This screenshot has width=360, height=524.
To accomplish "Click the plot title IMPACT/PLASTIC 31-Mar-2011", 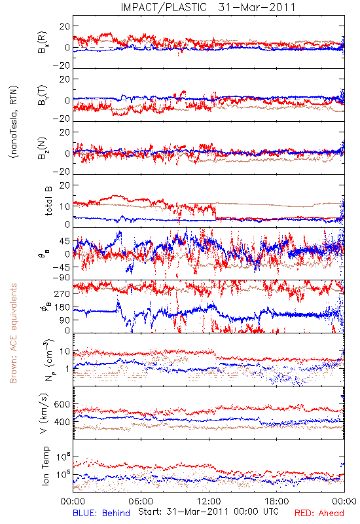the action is (x=208, y=7).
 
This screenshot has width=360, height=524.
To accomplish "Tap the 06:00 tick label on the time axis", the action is (x=141, y=501).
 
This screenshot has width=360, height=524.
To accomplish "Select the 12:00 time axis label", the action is (x=209, y=501).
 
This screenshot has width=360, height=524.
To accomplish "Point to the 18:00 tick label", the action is (x=277, y=501).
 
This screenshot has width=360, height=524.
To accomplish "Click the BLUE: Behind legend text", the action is (x=101, y=514).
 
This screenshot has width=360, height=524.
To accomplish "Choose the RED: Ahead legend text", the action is (x=319, y=514).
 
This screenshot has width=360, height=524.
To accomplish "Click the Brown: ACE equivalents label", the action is (x=13, y=333).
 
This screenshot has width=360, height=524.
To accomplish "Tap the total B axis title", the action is (x=48, y=200).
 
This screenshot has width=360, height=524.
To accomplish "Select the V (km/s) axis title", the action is (x=44, y=413).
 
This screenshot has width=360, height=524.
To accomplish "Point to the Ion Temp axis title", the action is (x=45, y=466).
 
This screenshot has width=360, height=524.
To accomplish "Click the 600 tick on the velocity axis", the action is (x=62, y=404).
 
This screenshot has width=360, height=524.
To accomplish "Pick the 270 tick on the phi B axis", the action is (x=62, y=293).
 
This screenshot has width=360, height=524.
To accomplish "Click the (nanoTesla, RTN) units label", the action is (x=14, y=122).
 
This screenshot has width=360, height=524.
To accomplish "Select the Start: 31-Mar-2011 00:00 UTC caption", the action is (x=208, y=512).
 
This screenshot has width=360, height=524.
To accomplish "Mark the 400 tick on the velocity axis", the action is (x=62, y=422).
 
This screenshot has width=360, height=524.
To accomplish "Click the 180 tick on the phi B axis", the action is (x=62, y=307).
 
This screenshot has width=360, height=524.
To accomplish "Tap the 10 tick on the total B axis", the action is (x=65, y=206).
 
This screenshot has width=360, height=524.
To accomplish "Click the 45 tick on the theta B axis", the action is (x=65, y=241).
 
